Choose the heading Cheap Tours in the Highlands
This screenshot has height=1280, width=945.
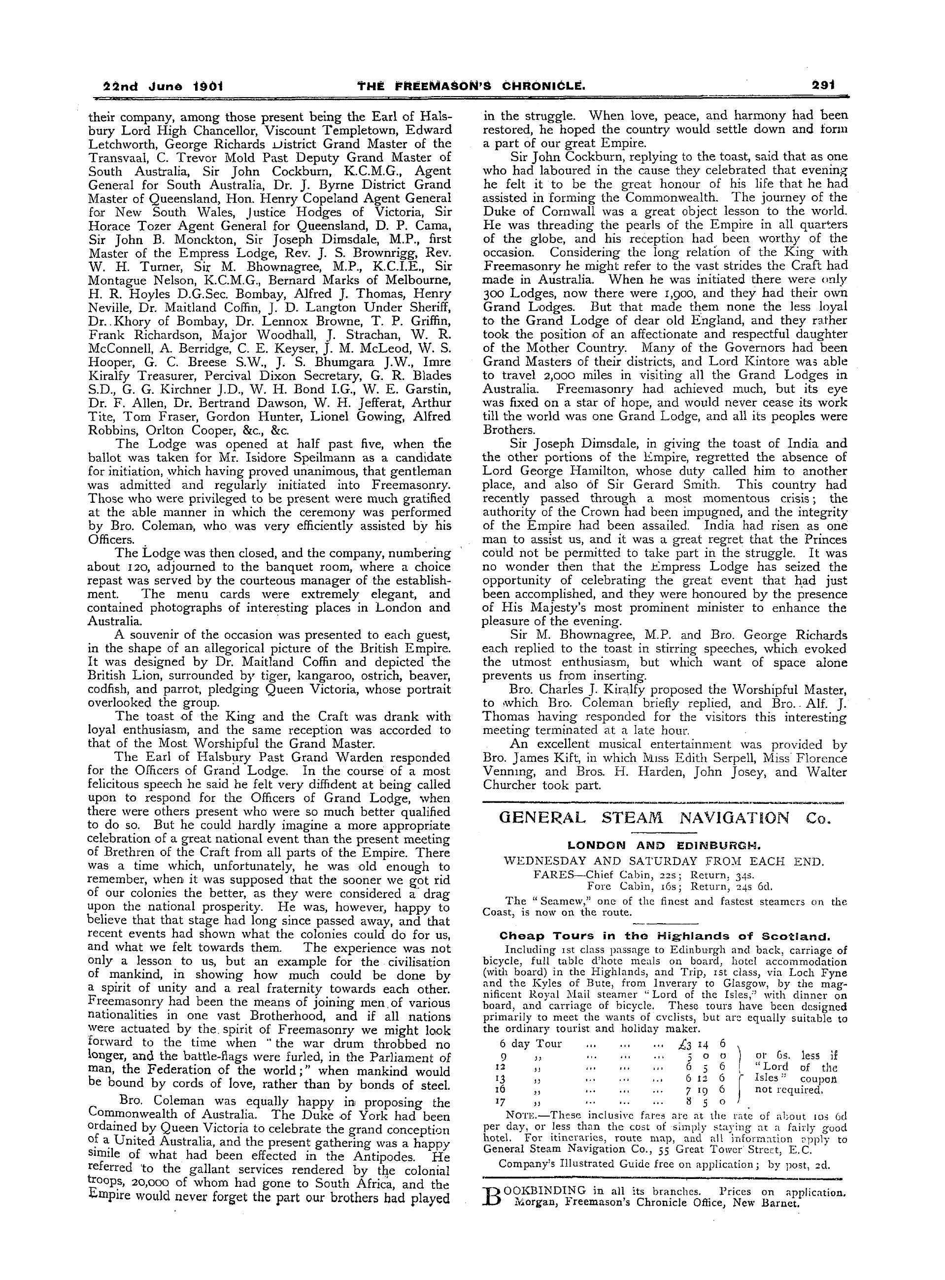(x=664, y=936)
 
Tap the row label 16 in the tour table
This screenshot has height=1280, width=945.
(x=501, y=1089)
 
